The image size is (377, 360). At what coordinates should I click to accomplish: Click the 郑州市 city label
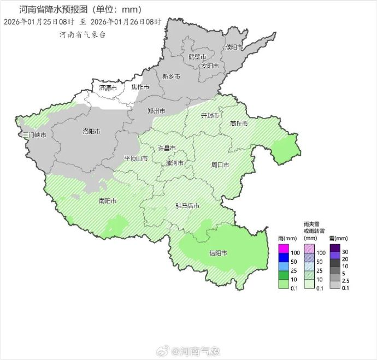[x=156, y=111]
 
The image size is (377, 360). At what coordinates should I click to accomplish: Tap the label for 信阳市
[x=218, y=253]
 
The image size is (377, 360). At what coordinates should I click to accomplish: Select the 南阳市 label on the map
[x=108, y=201]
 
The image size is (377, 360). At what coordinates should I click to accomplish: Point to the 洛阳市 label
[x=91, y=131]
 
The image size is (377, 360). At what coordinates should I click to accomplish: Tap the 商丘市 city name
[x=239, y=123]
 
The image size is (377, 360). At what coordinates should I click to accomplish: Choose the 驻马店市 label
[x=187, y=206]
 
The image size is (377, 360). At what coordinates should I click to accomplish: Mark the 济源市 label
[x=108, y=87]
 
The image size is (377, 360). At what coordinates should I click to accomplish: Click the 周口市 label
[x=220, y=164]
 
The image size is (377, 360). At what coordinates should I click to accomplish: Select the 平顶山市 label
[x=136, y=158]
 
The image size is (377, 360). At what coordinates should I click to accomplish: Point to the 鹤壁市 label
[x=197, y=57]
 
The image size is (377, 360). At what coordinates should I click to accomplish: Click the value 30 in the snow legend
[x=345, y=252]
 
